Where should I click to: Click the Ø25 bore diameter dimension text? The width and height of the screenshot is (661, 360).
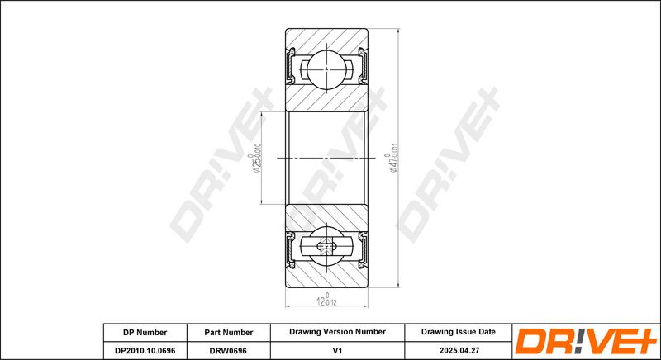point(256,158)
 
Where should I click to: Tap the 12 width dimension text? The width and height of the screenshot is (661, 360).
point(326,300)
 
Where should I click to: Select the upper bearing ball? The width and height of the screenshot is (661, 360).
point(326,69)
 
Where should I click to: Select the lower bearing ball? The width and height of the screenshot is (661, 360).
point(326,246)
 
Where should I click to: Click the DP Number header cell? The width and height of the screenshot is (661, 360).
point(145,332)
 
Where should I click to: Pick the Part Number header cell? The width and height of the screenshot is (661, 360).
point(229,332)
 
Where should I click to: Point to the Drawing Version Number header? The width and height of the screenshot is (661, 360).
point(337,332)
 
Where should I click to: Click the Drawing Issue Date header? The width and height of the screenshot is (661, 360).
point(459,332)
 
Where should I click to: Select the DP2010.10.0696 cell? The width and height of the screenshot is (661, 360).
point(145,350)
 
